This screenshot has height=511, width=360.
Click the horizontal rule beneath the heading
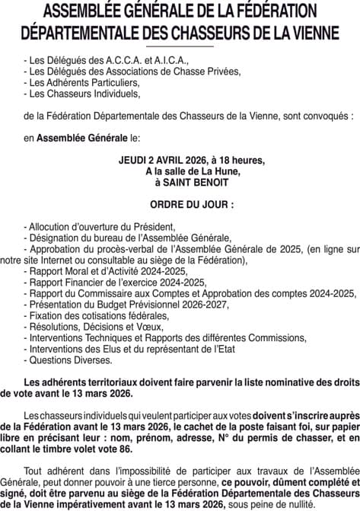(180, 47)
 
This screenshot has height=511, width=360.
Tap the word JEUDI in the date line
(135, 161)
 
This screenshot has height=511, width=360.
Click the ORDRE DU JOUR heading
(180, 205)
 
